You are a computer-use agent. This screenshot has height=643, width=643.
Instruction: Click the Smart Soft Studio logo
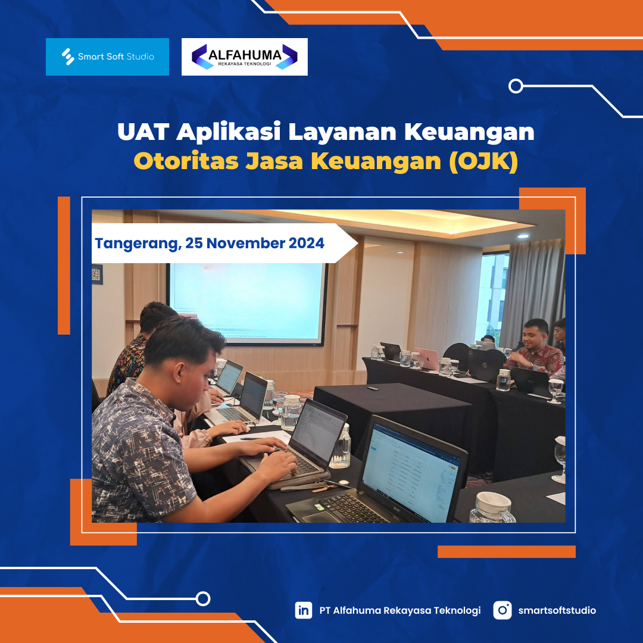[107, 57]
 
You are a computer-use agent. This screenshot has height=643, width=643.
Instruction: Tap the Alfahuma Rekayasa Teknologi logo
[245, 57]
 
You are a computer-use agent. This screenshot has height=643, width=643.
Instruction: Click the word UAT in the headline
[143, 132]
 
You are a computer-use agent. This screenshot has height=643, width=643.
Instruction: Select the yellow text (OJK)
[483, 161]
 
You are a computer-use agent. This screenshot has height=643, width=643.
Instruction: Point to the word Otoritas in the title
[186, 161]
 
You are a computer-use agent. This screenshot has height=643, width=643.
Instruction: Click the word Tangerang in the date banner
[138, 244]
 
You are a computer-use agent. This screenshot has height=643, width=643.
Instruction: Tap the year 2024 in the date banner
[307, 243]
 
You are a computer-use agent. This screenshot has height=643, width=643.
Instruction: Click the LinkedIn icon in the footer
[304, 610]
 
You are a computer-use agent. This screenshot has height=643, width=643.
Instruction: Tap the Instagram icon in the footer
[502, 610]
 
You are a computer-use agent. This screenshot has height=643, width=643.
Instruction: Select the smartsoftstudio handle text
[557, 610]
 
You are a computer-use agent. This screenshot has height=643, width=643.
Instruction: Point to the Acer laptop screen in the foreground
[411, 472]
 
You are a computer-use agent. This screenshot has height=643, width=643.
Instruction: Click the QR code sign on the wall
[96, 274]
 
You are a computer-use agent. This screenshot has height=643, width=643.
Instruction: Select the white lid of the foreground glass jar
[492, 502]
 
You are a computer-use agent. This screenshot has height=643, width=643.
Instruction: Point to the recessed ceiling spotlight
[523, 236]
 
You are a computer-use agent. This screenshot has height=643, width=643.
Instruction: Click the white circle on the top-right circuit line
[516, 86]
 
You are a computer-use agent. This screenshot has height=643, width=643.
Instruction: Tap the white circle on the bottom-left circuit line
[203, 599]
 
